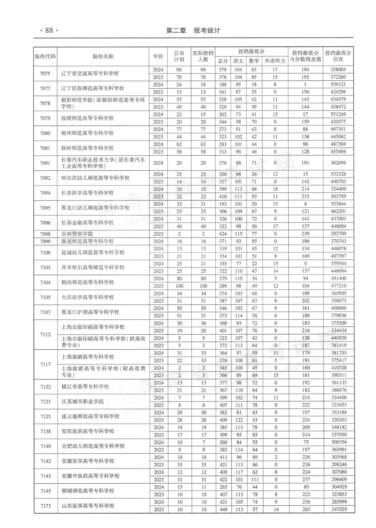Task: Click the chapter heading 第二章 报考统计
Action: pyautogui.click(x=193, y=30)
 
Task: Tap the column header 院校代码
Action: pyautogui.click(x=45, y=56)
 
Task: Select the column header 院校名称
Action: pyautogui.click(x=103, y=56)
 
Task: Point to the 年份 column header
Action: pyautogui.click(x=158, y=56)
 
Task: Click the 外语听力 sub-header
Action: pyautogui.click(x=275, y=61)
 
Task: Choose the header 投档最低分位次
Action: pyautogui.click(x=338, y=56)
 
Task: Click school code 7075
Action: pyautogui.click(x=45, y=74)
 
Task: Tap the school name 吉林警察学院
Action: pyautogui.click(x=77, y=234)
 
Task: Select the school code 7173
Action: pyautogui.click(x=46, y=506)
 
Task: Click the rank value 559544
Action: pyautogui.click(x=338, y=264)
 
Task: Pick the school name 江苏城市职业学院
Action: pyautogui.click(x=83, y=401)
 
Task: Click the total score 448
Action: pyautogui.click(x=223, y=509)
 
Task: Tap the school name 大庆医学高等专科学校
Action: pyautogui.click(x=88, y=297)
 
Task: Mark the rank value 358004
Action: pyautogui.click(x=338, y=70)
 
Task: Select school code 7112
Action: pyautogui.click(x=46, y=335)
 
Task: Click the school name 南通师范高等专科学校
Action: pyautogui.click(x=88, y=241)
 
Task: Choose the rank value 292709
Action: pyautogui.click(x=338, y=234)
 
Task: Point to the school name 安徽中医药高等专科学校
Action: pyautogui.click(x=90, y=476)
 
